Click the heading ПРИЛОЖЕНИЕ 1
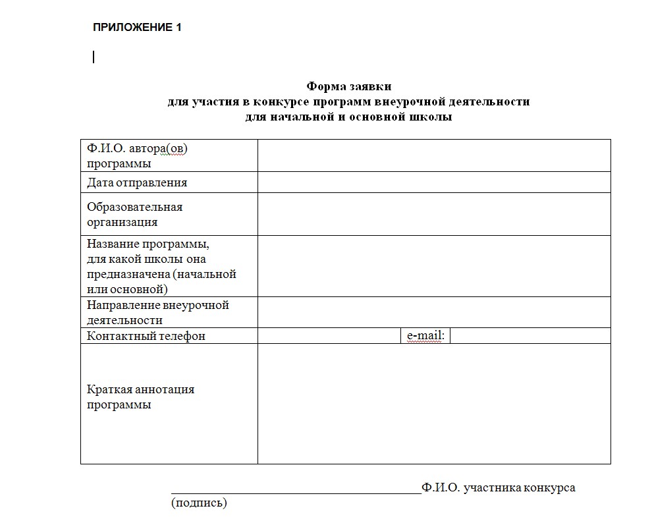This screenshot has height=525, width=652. pyautogui.click(x=136, y=28)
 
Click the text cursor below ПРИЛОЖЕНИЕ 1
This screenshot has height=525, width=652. pyautogui.click(x=94, y=57)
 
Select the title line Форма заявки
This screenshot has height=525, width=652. pyautogui.click(x=349, y=86)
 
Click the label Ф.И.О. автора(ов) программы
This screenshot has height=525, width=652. pyautogui.click(x=137, y=156)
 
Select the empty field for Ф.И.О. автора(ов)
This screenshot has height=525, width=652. pyautogui.click(x=433, y=156)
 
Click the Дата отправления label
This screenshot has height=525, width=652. pyautogui.click(x=137, y=183)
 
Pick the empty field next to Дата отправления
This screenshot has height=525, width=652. pyautogui.click(x=433, y=182)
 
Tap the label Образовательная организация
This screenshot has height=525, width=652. pyautogui.click(x=134, y=214)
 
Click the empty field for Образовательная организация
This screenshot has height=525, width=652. pyautogui.click(x=433, y=214)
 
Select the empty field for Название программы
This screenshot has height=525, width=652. pyautogui.click(x=433, y=266)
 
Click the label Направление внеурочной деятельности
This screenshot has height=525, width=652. pyautogui.click(x=157, y=313)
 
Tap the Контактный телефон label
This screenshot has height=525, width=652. pyautogui.click(x=146, y=336)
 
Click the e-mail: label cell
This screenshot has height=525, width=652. pyautogui.click(x=425, y=336)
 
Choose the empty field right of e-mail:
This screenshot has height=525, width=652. pyautogui.click(x=530, y=336)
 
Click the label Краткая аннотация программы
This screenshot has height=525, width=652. pyautogui.click(x=140, y=397)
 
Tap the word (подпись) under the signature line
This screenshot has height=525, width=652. pyautogui.click(x=199, y=503)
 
